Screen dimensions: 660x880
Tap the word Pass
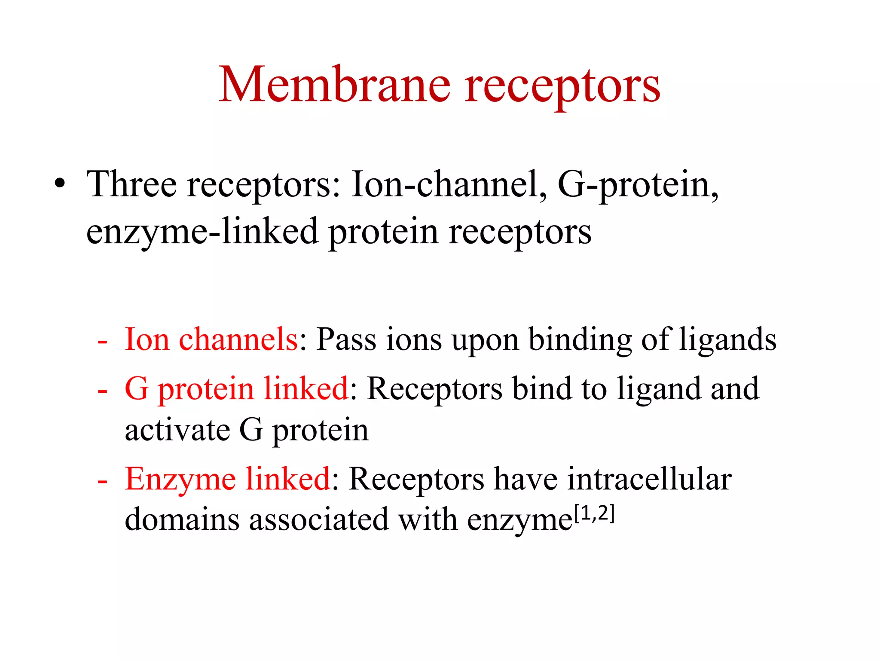click(x=346, y=339)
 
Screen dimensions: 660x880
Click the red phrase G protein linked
click(x=236, y=389)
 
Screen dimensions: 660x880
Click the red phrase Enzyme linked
click(x=228, y=479)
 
